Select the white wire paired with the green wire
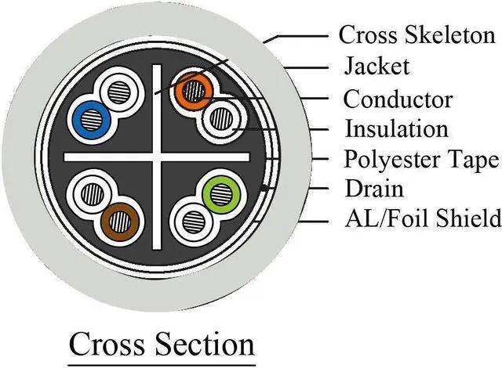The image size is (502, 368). (x=190, y=219)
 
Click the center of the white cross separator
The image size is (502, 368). (x=162, y=157)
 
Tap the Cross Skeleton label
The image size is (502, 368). (x=417, y=35)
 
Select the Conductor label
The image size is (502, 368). (x=398, y=99)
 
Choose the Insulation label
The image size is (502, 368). (x=397, y=128)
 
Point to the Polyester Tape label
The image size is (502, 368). (x=421, y=159)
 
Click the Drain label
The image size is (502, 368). (x=373, y=189)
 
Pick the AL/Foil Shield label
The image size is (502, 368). (x=421, y=218)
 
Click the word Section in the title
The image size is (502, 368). (x=208, y=344)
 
